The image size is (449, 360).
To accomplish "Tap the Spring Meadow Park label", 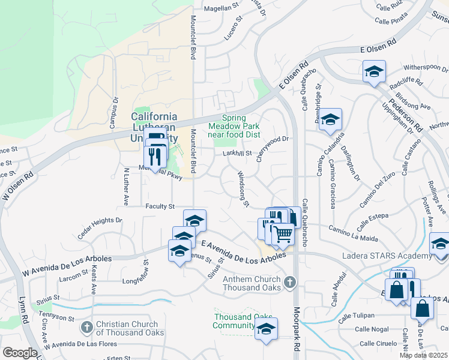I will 234,127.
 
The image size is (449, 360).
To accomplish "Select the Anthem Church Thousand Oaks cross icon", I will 290,282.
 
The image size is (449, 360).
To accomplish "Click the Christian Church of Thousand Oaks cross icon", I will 86,327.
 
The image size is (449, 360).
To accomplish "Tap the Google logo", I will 20,353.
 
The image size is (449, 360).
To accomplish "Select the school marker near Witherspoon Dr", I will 374,72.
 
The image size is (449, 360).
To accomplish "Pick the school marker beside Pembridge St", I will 330,121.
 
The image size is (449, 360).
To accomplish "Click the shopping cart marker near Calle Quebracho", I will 283,233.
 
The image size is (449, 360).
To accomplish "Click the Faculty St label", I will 159,206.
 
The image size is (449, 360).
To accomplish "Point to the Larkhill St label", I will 237,154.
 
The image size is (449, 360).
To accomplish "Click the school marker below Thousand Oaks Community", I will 266,329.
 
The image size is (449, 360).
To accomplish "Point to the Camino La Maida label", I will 353,234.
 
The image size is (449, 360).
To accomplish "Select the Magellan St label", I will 220,8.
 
